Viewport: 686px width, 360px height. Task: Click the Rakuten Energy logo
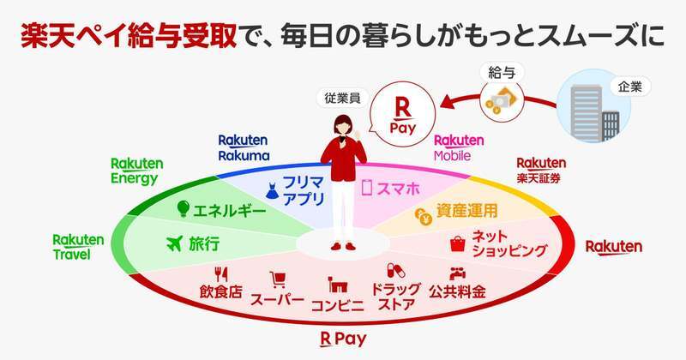[x=137, y=171]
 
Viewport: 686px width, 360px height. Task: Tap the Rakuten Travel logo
[x=78, y=247]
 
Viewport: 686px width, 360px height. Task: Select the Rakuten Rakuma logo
[x=244, y=147]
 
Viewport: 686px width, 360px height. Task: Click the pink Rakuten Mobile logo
[x=459, y=147]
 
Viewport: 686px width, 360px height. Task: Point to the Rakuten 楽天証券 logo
[x=541, y=170]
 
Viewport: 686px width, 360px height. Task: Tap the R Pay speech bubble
[x=402, y=113]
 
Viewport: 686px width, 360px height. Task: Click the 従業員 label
[x=342, y=98]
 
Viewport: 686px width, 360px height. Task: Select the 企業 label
[x=630, y=87]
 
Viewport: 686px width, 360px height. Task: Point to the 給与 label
[x=502, y=73]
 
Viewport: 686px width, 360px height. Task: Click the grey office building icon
[x=594, y=112]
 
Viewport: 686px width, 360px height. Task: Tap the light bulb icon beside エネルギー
[x=183, y=209]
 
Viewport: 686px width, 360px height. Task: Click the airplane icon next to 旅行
[x=175, y=243]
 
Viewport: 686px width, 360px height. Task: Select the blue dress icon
[x=272, y=191]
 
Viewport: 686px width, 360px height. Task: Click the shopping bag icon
[x=458, y=243]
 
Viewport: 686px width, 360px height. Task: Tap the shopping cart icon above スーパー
[x=277, y=280]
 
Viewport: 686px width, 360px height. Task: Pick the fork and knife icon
[x=221, y=274]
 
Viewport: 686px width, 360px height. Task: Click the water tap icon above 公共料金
[x=457, y=273]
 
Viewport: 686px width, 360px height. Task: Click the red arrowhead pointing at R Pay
[x=448, y=103]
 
